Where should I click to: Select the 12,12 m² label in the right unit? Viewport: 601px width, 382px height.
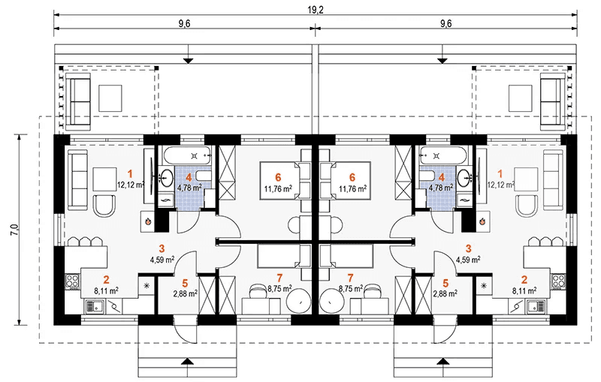500,183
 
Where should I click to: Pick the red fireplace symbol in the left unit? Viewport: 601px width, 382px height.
148,221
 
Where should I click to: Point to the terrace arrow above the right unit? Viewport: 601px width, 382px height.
443,59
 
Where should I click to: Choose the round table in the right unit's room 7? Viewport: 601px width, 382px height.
333,301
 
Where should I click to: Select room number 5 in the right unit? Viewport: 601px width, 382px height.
445,283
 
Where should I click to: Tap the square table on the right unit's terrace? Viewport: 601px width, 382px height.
520,97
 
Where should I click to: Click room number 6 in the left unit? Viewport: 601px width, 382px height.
279,177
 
